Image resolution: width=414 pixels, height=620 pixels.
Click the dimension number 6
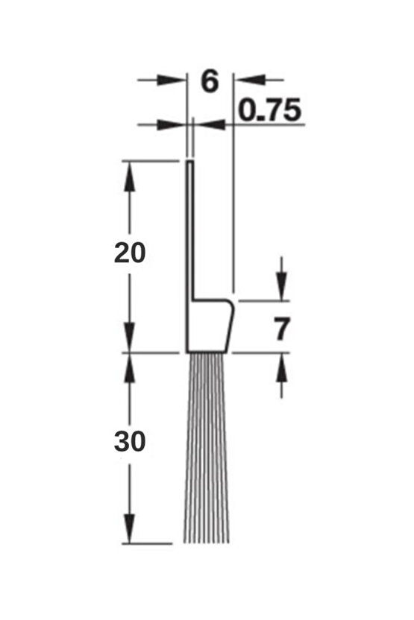(210, 80)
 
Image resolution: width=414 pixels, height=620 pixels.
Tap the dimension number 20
(130, 253)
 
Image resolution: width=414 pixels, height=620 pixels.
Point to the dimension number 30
(130, 442)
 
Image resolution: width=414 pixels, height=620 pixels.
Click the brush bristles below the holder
(206, 447)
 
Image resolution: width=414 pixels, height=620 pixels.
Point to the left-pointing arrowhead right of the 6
(246, 79)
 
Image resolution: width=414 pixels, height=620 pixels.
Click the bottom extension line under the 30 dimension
(149, 543)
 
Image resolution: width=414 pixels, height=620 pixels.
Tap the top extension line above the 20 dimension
(149, 159)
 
